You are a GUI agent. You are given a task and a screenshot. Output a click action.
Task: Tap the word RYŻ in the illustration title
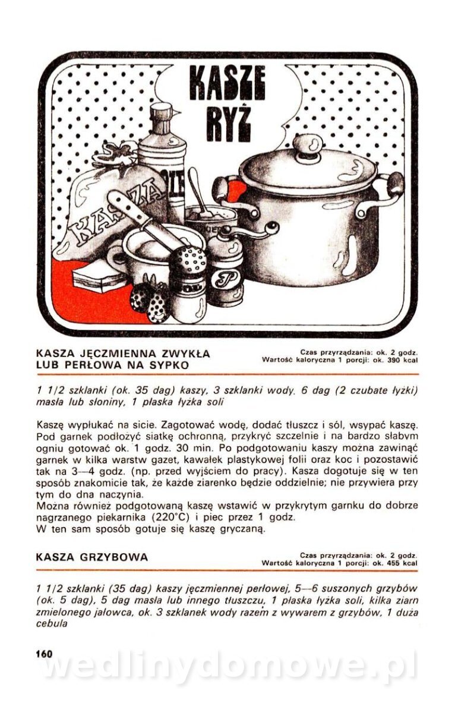[x=228, y=123]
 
